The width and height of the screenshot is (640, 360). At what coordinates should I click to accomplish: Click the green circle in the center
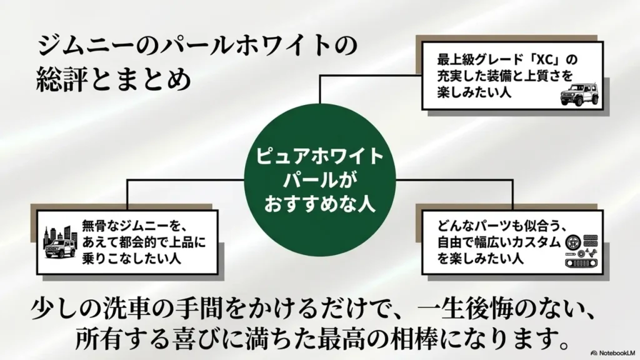pyautogui.click(x=319, y=180)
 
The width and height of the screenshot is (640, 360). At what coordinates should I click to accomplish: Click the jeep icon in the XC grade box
pyautogui.click(x=579, y=94)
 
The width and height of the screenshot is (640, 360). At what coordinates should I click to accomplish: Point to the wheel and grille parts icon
pyautogui.click(x=581, y=251)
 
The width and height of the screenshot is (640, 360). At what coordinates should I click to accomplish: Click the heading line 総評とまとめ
pyautogui.click(x=114, y=79)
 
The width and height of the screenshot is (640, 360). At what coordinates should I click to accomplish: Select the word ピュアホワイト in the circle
pyautogui.click(x=319, y=157)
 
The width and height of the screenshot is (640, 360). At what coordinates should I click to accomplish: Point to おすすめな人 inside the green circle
pyautogui.click(x=319, y=203)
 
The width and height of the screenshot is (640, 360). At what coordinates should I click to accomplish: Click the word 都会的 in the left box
pyautogui.click(x=136, y=242)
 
